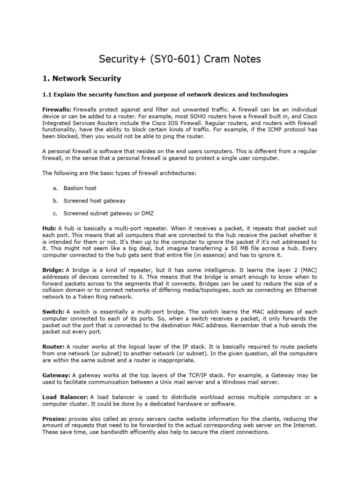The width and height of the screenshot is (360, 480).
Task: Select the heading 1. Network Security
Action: [x=82, y=79]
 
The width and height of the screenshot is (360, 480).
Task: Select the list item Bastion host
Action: [x=80, y=188]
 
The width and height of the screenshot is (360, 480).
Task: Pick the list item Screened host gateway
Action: [x=94, y=201]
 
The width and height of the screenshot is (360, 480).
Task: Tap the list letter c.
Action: [x=55, y=213]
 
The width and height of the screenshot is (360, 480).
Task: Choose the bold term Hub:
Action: [x=49, y=228]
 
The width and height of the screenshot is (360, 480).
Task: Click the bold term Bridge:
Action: [x=53, y=270]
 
